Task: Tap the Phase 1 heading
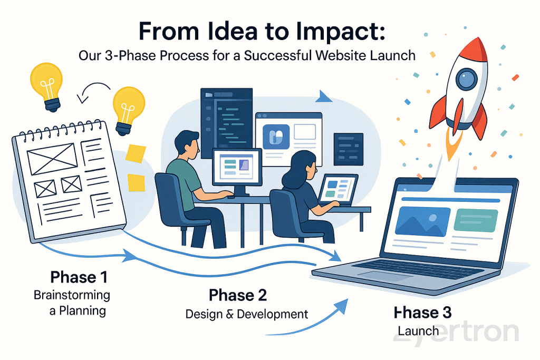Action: click(x=79, y=277)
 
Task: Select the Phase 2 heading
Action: click(x=238, y=295)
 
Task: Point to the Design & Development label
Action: click(x=247, y=314)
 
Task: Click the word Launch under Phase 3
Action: click(x=418, y=331)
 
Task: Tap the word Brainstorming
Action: click(x=72, y=295)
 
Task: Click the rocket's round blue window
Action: click(x=466, y=79)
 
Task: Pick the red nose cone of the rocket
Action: click(x=474, y=48)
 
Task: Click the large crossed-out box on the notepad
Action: click(x=52, y=159)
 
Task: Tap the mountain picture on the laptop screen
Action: click(x=422, y=221)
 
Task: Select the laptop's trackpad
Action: click(x=378, y=275)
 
